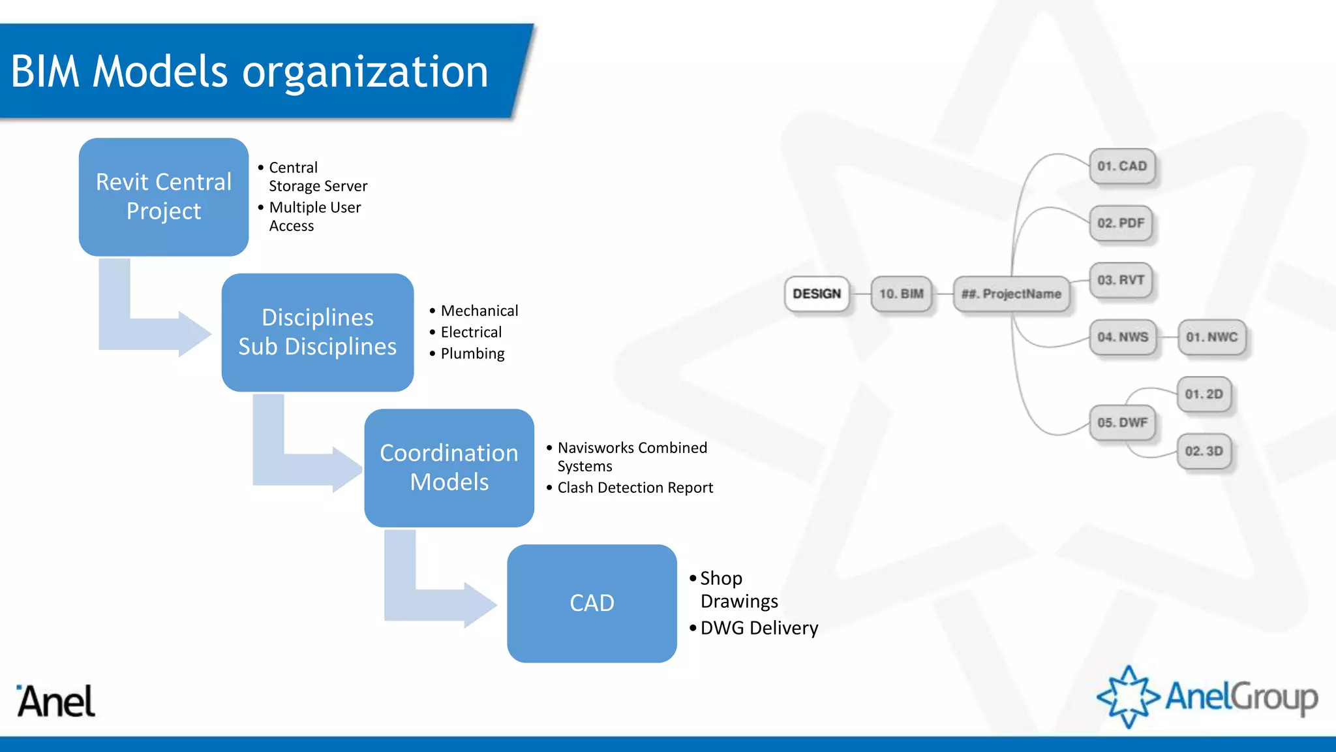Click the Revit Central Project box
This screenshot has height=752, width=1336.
click(x=163, y=196)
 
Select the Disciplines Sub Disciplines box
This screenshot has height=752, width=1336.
click(x=317, y=332)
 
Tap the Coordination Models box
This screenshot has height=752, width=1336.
click(x=449, y=467)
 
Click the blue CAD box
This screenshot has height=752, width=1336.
click(x=592, y=603)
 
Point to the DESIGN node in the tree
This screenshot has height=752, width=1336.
click(x=817, y=294)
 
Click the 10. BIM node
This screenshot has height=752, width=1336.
click(x=901, y=294)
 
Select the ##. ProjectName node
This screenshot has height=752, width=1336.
click(x=1011, y=294)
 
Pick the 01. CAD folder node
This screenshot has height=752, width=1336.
click(x=1121, y=166)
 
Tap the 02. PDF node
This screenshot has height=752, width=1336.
click(x=1121, y=223)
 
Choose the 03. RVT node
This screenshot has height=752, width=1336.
click(x=1121, y=280)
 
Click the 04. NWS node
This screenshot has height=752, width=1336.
click(x=1122, y=337)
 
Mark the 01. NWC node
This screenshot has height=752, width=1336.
click(x=1211, y=337)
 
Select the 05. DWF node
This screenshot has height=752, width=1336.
click(x=1122, y=422)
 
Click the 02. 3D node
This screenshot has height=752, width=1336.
click(x=1204, y=451)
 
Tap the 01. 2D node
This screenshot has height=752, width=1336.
click(x=1204, y=394)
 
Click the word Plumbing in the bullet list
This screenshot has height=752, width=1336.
click(x=472, y=354)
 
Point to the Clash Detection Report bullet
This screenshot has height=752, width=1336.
click(x=635, y=488)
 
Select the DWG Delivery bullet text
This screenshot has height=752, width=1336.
click(x=759, y=628)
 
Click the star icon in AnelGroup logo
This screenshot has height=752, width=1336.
click(x=1129, y=697)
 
